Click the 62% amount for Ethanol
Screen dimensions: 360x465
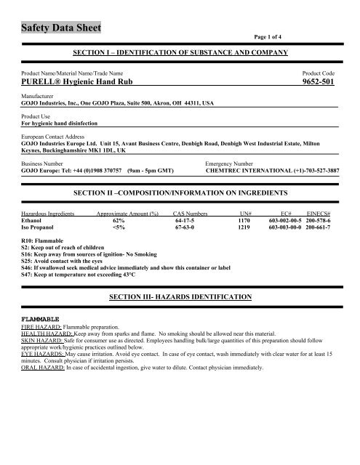click(120, 220)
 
